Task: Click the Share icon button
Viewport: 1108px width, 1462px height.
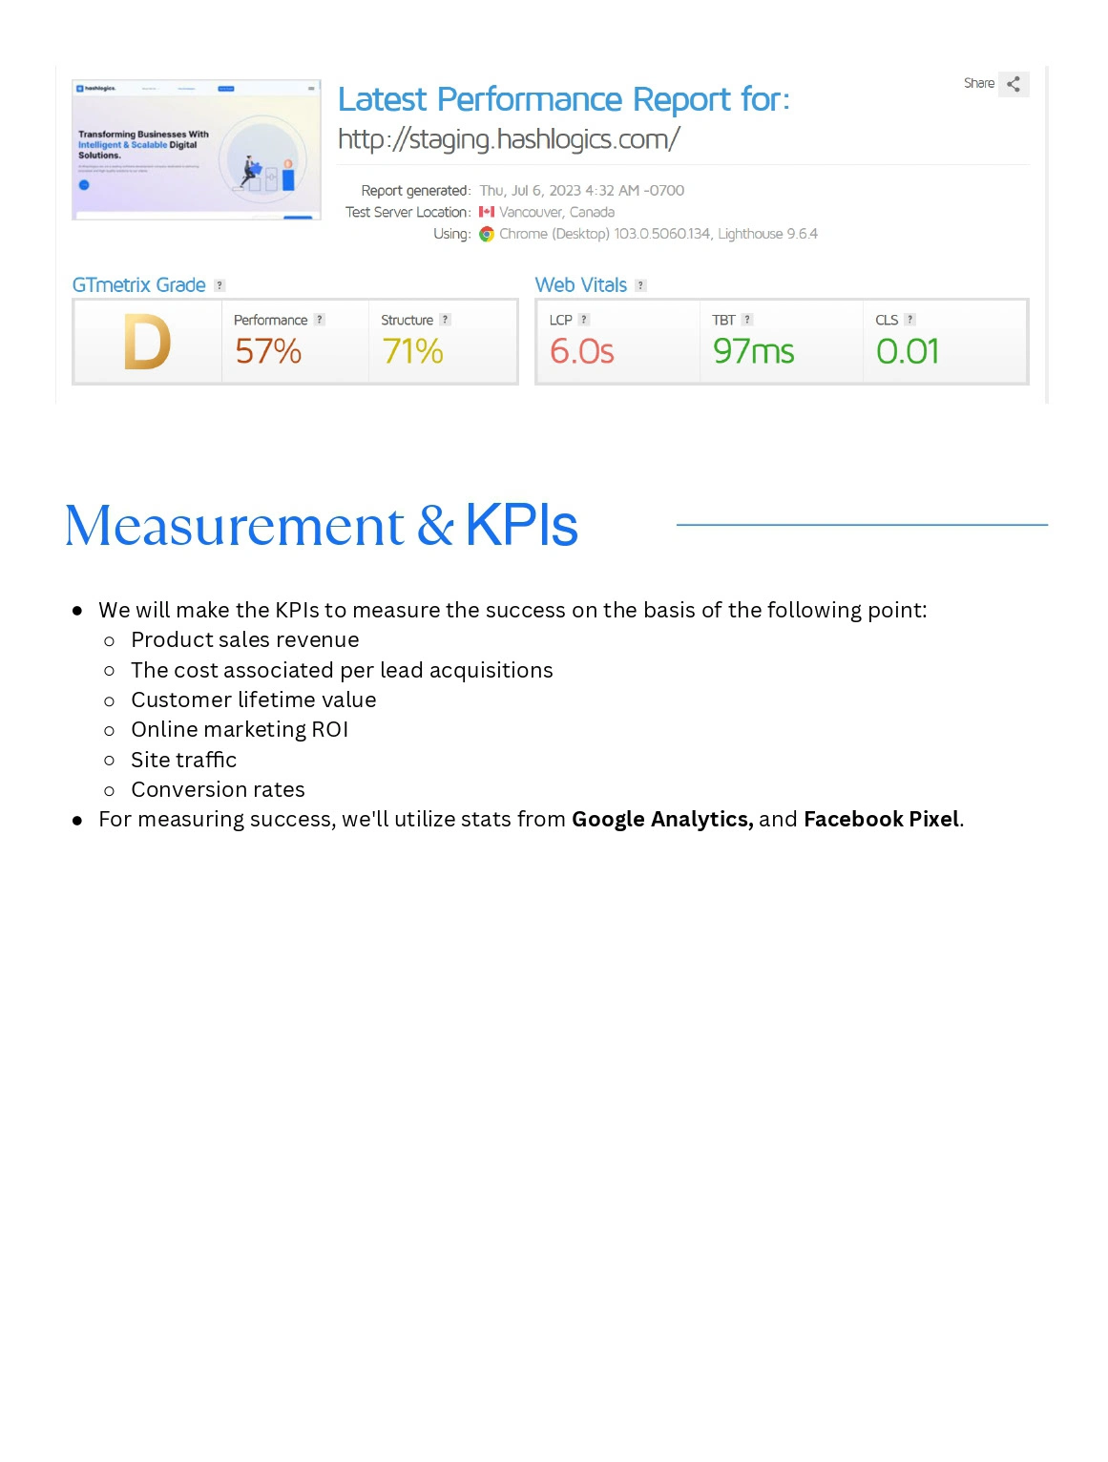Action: point(1014,84)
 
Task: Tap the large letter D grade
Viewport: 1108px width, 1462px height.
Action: point(147,343)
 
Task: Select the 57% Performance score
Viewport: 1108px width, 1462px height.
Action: point(268,352)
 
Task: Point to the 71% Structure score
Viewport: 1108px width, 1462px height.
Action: point(412,352)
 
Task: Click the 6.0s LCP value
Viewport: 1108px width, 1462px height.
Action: point(581,352)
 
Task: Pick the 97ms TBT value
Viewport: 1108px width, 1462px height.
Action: point(753,352)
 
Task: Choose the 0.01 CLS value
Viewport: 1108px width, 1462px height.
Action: point(908,352)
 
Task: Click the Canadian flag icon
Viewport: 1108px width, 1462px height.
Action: point(487,212)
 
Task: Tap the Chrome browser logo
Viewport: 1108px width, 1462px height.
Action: point(487,234)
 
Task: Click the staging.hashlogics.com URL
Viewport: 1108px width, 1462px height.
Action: point(509,139)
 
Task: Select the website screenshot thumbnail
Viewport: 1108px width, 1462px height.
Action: point(197,150)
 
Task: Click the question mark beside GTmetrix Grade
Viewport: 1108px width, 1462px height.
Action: point(220,285)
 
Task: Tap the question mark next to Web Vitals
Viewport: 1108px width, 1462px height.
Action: point(640,285)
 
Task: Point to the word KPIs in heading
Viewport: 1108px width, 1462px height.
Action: point(521,526)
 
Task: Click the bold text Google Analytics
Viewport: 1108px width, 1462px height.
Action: point(661,819)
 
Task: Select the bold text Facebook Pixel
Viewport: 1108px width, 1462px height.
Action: point(881,819)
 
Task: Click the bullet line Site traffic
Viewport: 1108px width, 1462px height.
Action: point(183,760)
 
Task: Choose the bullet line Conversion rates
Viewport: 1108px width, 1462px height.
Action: point(218,789)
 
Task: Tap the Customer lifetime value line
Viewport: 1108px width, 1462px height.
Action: point(253,700)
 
